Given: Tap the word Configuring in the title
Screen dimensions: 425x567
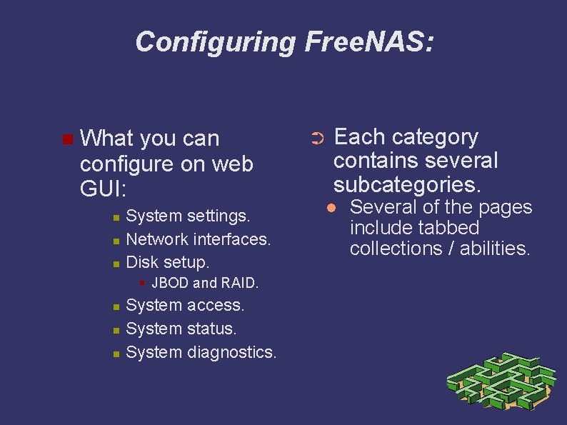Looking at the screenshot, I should (x=215, y=41).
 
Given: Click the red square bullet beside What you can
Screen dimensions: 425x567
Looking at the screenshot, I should (x=67, y=138).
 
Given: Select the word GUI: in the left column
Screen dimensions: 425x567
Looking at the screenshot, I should (x=104, y=190).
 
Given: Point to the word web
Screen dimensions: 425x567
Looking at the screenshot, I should (x=232, y=164).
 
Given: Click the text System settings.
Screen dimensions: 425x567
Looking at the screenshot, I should (x=188, y=215).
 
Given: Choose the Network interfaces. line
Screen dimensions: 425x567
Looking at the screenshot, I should (x=198, y=239).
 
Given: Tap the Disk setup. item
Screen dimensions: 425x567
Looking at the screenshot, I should (x=167, y=261).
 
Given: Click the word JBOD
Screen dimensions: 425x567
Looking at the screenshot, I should (x=170, y=283).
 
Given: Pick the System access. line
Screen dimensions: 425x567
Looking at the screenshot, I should (x=185, y=305).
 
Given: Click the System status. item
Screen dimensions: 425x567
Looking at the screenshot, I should (x=181, y=329).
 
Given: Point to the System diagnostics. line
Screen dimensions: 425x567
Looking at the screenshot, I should (x=201, y=352).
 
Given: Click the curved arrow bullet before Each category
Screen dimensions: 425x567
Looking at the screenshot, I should (x=318, y=138).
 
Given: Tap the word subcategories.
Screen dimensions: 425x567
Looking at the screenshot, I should (x=407, y=184).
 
